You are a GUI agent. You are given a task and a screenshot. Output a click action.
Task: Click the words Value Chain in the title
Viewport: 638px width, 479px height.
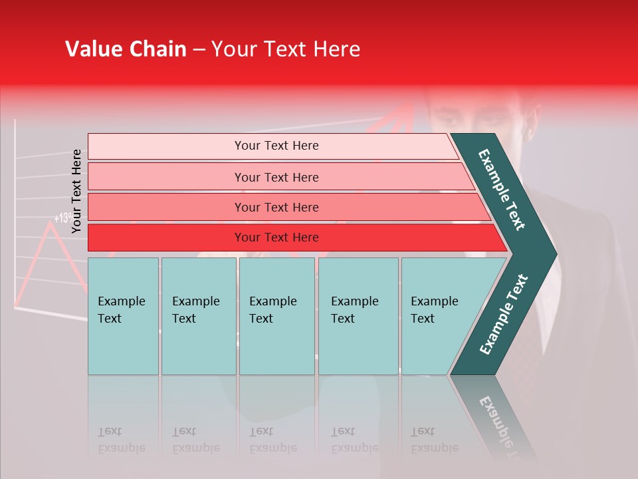tap(126, 49)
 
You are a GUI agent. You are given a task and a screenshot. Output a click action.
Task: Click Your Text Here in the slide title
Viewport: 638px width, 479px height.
tap(286, 49)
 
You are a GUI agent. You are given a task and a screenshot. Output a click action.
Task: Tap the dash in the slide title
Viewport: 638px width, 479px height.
tap(199, 50)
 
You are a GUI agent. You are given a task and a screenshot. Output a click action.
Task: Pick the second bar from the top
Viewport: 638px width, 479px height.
tap(276, 177)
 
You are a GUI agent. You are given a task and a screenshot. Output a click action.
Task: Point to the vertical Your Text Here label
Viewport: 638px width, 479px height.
tap(76, 191)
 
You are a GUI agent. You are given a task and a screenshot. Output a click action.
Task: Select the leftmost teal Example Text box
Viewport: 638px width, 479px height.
tap(123, 315)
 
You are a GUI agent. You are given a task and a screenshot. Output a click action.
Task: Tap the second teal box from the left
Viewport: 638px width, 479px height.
tap(198, 315)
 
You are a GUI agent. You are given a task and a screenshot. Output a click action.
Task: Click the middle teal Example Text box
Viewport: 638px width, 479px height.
tap(276, 315)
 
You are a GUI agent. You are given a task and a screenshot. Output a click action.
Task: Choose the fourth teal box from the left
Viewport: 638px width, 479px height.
tap(358, 315)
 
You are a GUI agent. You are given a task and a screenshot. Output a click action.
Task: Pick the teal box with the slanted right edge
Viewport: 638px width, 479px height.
tap(439, 315)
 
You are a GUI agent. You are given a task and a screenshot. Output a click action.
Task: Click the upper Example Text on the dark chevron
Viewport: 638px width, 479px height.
tap(502, 190)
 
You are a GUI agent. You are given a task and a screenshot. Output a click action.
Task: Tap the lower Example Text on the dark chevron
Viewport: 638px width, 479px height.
tap(504, 315)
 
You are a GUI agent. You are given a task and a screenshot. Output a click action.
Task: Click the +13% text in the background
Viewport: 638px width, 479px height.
tap(63, 218)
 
